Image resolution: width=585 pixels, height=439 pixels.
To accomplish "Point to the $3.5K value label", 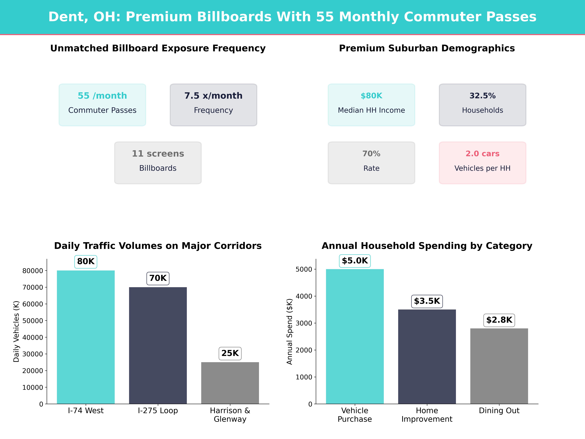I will click(427, 301).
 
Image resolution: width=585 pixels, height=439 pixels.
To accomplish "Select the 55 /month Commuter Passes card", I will click(102, 105).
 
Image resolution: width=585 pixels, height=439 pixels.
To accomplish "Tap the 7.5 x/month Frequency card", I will click(213, 105).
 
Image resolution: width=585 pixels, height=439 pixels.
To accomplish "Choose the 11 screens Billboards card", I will click(158, 163).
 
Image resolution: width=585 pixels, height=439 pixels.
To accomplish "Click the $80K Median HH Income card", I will click(371, 105).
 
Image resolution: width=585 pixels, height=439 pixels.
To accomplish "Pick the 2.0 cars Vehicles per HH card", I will click(482, 163).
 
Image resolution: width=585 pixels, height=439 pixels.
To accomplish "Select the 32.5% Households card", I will click(482, 105).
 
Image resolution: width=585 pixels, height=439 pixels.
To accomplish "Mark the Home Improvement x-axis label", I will click(427, 415).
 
